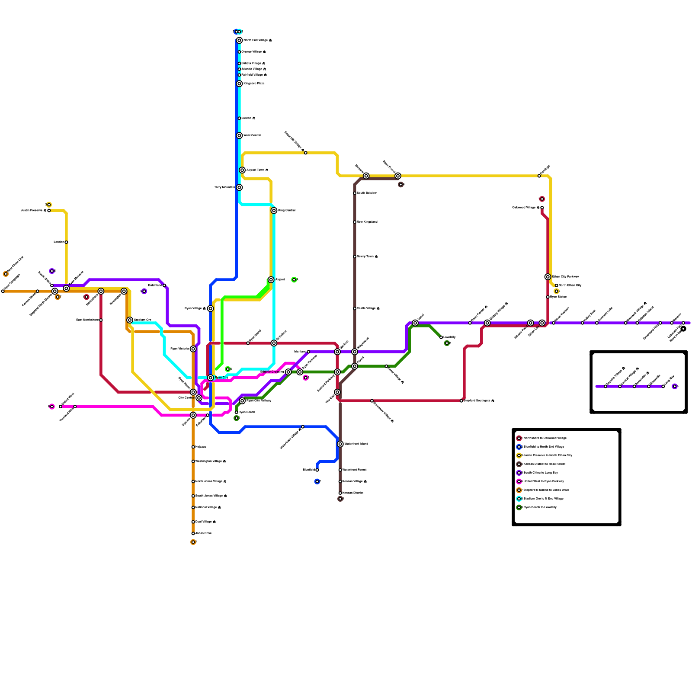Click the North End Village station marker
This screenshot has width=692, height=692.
[x=239, y=40]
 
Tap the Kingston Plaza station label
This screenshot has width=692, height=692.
[x=254, y=83]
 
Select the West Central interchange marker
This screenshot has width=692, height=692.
[x=239, y=135]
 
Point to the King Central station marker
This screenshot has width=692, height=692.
[x=274, y=210]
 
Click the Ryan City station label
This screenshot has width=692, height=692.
[x=221, y=378]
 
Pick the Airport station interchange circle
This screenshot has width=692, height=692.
[x=271, y=279]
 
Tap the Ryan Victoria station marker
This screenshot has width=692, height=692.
[x=193, y=349]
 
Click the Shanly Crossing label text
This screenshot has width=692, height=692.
[x=272, y=372]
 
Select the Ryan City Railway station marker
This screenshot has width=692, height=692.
[x=242, y=401]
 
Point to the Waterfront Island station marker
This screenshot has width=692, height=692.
[x=340, y=444]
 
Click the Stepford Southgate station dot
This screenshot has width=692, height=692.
[x=461, y=401]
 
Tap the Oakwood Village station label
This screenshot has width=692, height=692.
[x=525, y=208]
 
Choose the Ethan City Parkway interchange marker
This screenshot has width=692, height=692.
[x=548, y=277]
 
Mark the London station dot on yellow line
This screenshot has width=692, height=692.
[x=66, y=242]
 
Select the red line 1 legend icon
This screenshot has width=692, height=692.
[x=519, y=438]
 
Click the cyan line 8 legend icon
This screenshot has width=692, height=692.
[x=519, y=499]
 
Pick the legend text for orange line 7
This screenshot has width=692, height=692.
[x=546, y=490]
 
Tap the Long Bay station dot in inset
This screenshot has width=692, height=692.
[x=663, y=386]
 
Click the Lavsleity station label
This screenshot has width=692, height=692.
[x=449, y=337]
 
